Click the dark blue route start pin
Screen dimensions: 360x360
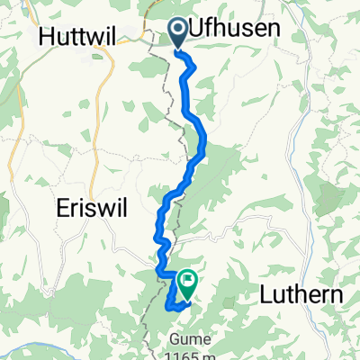point(177,33)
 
